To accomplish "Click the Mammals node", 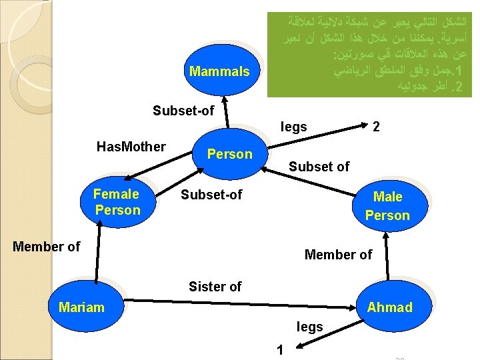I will click(x=219, y=71).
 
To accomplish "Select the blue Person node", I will click(x=230, y=154).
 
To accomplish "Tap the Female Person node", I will click(x=117, y=202).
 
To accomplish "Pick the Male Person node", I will click(x=387, y=205).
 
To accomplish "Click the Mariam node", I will click(x=81, y=307).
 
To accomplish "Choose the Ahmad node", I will click(x=389, y=307).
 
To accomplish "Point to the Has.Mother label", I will click(x=131, y=147).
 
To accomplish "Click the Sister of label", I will click(x=215, y=287).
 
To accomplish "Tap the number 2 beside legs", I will click(x=376, y=127).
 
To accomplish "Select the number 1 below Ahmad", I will click(x=281, y=349).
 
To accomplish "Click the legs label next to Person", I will click(x=293, y=127).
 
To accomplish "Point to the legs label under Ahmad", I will click(x=309, y=327).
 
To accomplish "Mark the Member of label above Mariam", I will click(x=47, y=247).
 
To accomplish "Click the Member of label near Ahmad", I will click(x=338, y=254).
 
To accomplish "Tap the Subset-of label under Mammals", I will click(x=183, y=111).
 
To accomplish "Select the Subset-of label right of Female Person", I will click(x=212, y=195).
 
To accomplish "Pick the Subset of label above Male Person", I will click(x=319, y=167).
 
